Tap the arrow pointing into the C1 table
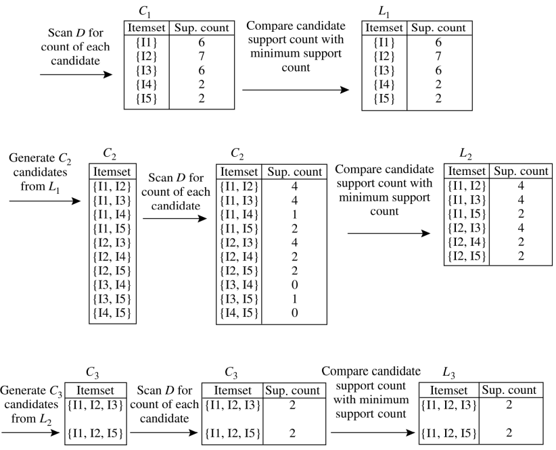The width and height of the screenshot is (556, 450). click(x=76, y=74)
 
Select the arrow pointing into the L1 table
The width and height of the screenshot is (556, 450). click(x=296, y=91)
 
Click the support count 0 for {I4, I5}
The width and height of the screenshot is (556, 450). click(x=294, y=312)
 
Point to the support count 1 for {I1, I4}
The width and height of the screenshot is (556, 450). click(x=294, y=213)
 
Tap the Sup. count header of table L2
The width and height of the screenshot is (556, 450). click(x=520, y=172)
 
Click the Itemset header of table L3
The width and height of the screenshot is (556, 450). click(x=448, y=390)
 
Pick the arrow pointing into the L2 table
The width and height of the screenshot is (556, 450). click(x=388, y=234)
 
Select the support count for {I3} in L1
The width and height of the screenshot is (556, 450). click(x=438, y=70)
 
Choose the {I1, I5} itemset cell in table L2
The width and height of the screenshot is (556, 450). click(x=467, y=214)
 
